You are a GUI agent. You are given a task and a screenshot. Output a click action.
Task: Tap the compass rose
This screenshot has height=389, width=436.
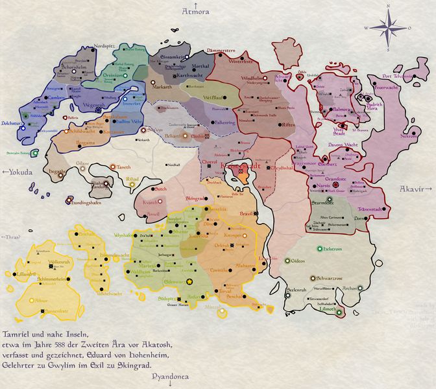388,27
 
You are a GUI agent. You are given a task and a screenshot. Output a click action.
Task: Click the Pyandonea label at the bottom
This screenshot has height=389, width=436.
171,376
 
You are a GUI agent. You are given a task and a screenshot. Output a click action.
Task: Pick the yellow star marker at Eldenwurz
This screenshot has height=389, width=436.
189,282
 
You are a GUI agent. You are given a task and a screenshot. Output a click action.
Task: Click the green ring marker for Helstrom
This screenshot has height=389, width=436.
319,248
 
